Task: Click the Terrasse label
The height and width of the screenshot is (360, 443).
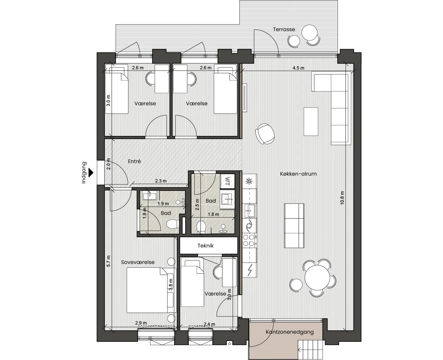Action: coord(284,29)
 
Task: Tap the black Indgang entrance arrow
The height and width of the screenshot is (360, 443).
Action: coord(91,173)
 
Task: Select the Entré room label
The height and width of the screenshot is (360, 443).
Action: coord(134,161)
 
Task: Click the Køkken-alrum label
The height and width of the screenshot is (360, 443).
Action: coord(298,174)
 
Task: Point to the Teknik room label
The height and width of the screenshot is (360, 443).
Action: coord(206,246)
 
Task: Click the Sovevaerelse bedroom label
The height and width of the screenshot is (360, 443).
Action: coord(138,262)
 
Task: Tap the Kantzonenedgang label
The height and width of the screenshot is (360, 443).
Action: coord(290,332)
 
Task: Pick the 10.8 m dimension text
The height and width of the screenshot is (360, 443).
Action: coord(342,198)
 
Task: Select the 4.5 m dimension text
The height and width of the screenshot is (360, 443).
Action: coord(298,68)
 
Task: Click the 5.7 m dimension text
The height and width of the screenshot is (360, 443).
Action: coord(108,261)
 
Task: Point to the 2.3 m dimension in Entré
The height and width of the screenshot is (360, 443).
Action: coord(161,181)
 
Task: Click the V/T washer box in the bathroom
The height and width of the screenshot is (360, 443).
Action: coord(227,181)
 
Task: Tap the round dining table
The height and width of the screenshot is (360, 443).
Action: coord(317,277)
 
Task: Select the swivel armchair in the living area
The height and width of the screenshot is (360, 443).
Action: coord(265,133)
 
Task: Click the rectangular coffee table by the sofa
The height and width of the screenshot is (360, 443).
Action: coord(311,122)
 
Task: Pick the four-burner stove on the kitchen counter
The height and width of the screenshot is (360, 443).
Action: coord(250,240)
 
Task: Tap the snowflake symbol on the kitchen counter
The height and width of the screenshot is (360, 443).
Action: coord(249,182)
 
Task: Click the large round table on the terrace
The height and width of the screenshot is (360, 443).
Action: coord(309,33)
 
